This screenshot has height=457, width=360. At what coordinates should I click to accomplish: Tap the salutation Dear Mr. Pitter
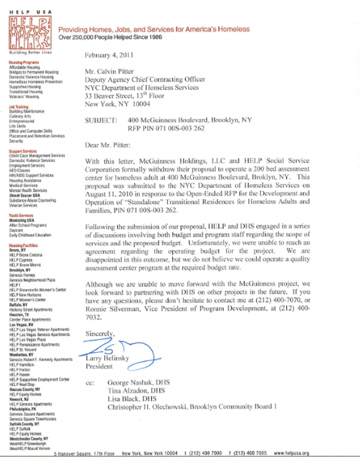[107, 144]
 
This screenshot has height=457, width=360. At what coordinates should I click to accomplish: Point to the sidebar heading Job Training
[19, 107]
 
